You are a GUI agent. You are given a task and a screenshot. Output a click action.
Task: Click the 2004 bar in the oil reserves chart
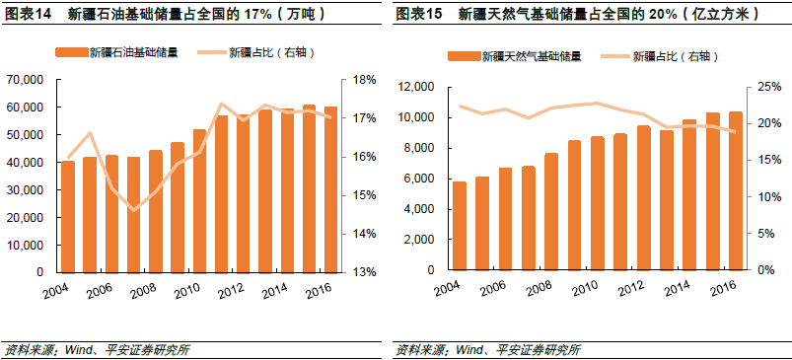click(68, 216)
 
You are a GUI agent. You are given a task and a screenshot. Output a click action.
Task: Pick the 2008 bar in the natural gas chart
click(551, 211)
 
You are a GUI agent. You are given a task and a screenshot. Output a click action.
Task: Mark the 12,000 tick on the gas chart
click(416, 88)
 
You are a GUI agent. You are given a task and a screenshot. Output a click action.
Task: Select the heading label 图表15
click(418, 15)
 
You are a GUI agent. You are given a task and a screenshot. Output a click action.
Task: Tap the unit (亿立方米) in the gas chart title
click(735, 15)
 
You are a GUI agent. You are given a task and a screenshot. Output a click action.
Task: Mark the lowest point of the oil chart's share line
click(135, 209)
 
